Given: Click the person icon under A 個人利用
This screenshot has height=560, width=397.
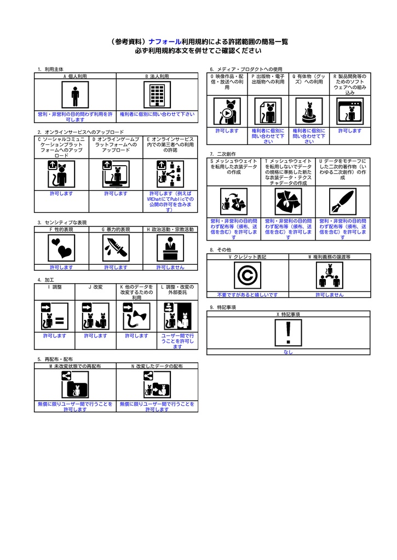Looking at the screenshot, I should click(75, 96).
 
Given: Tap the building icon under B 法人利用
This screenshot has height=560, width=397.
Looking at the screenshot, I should click(157, 96).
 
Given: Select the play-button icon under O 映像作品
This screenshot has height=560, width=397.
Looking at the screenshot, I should click(227, 112).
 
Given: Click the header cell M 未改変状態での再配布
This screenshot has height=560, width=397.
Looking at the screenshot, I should click(75, 366).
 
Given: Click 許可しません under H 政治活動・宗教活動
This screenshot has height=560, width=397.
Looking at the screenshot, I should click(170, 267).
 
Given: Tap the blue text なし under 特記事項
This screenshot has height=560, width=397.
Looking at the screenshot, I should click(289, 352).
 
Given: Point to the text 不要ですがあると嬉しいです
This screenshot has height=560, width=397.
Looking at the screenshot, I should click(248, 294).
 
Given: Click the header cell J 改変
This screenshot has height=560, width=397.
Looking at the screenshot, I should click(95, 287).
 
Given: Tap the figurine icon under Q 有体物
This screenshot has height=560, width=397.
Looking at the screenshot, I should click(309, 112).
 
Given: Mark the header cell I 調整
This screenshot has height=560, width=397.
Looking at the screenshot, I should click(55, 287).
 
